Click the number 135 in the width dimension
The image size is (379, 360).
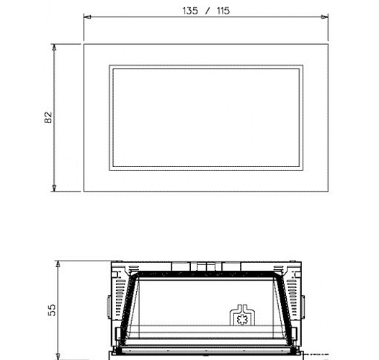190,11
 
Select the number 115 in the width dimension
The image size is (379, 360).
223,11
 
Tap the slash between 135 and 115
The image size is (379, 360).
207,11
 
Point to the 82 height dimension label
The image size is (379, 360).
48,117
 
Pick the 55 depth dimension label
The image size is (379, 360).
52,310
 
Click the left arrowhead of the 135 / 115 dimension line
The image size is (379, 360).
87,17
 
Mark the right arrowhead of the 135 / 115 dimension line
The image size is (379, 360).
325,17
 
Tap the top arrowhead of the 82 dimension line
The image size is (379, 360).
54,48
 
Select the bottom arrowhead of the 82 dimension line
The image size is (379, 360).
54,188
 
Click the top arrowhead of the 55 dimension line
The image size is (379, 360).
58,264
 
